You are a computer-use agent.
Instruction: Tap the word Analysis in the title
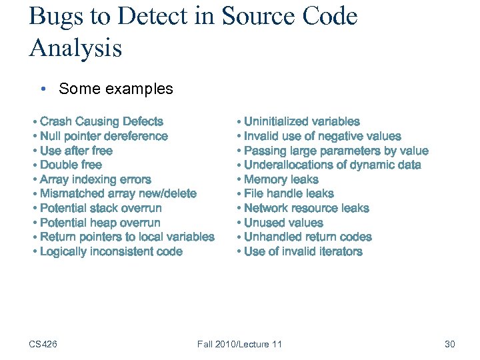tap(75, 47)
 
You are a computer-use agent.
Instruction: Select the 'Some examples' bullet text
tap(115, 89)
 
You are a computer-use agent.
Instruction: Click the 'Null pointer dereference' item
tap(103, 136)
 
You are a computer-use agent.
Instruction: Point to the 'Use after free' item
tap(76, 151)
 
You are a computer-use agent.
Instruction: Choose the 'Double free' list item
tap(71, 165)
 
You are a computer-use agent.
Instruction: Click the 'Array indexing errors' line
tap(95, 179)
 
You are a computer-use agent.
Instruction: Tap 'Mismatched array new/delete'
tap(118, 193)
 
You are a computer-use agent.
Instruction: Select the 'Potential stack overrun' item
tap(101, 208)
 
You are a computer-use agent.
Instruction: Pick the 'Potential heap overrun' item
tap(100, 223)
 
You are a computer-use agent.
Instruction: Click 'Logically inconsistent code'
tap(111, 251)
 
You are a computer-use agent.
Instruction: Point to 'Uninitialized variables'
tap(301, 121)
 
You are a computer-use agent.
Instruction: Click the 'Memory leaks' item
tap(281, 179)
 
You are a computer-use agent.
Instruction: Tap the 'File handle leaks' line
tap(289, 193)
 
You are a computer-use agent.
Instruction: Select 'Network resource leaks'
tap(306, 208)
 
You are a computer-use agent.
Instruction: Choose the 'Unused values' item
tap(283, 223)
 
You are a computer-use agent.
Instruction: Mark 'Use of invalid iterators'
tap(303, 251)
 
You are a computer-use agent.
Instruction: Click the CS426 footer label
tap(43, 344)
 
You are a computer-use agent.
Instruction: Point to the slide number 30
tap(449, 344)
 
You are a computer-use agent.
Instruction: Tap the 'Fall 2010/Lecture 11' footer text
tap(239, 344)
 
